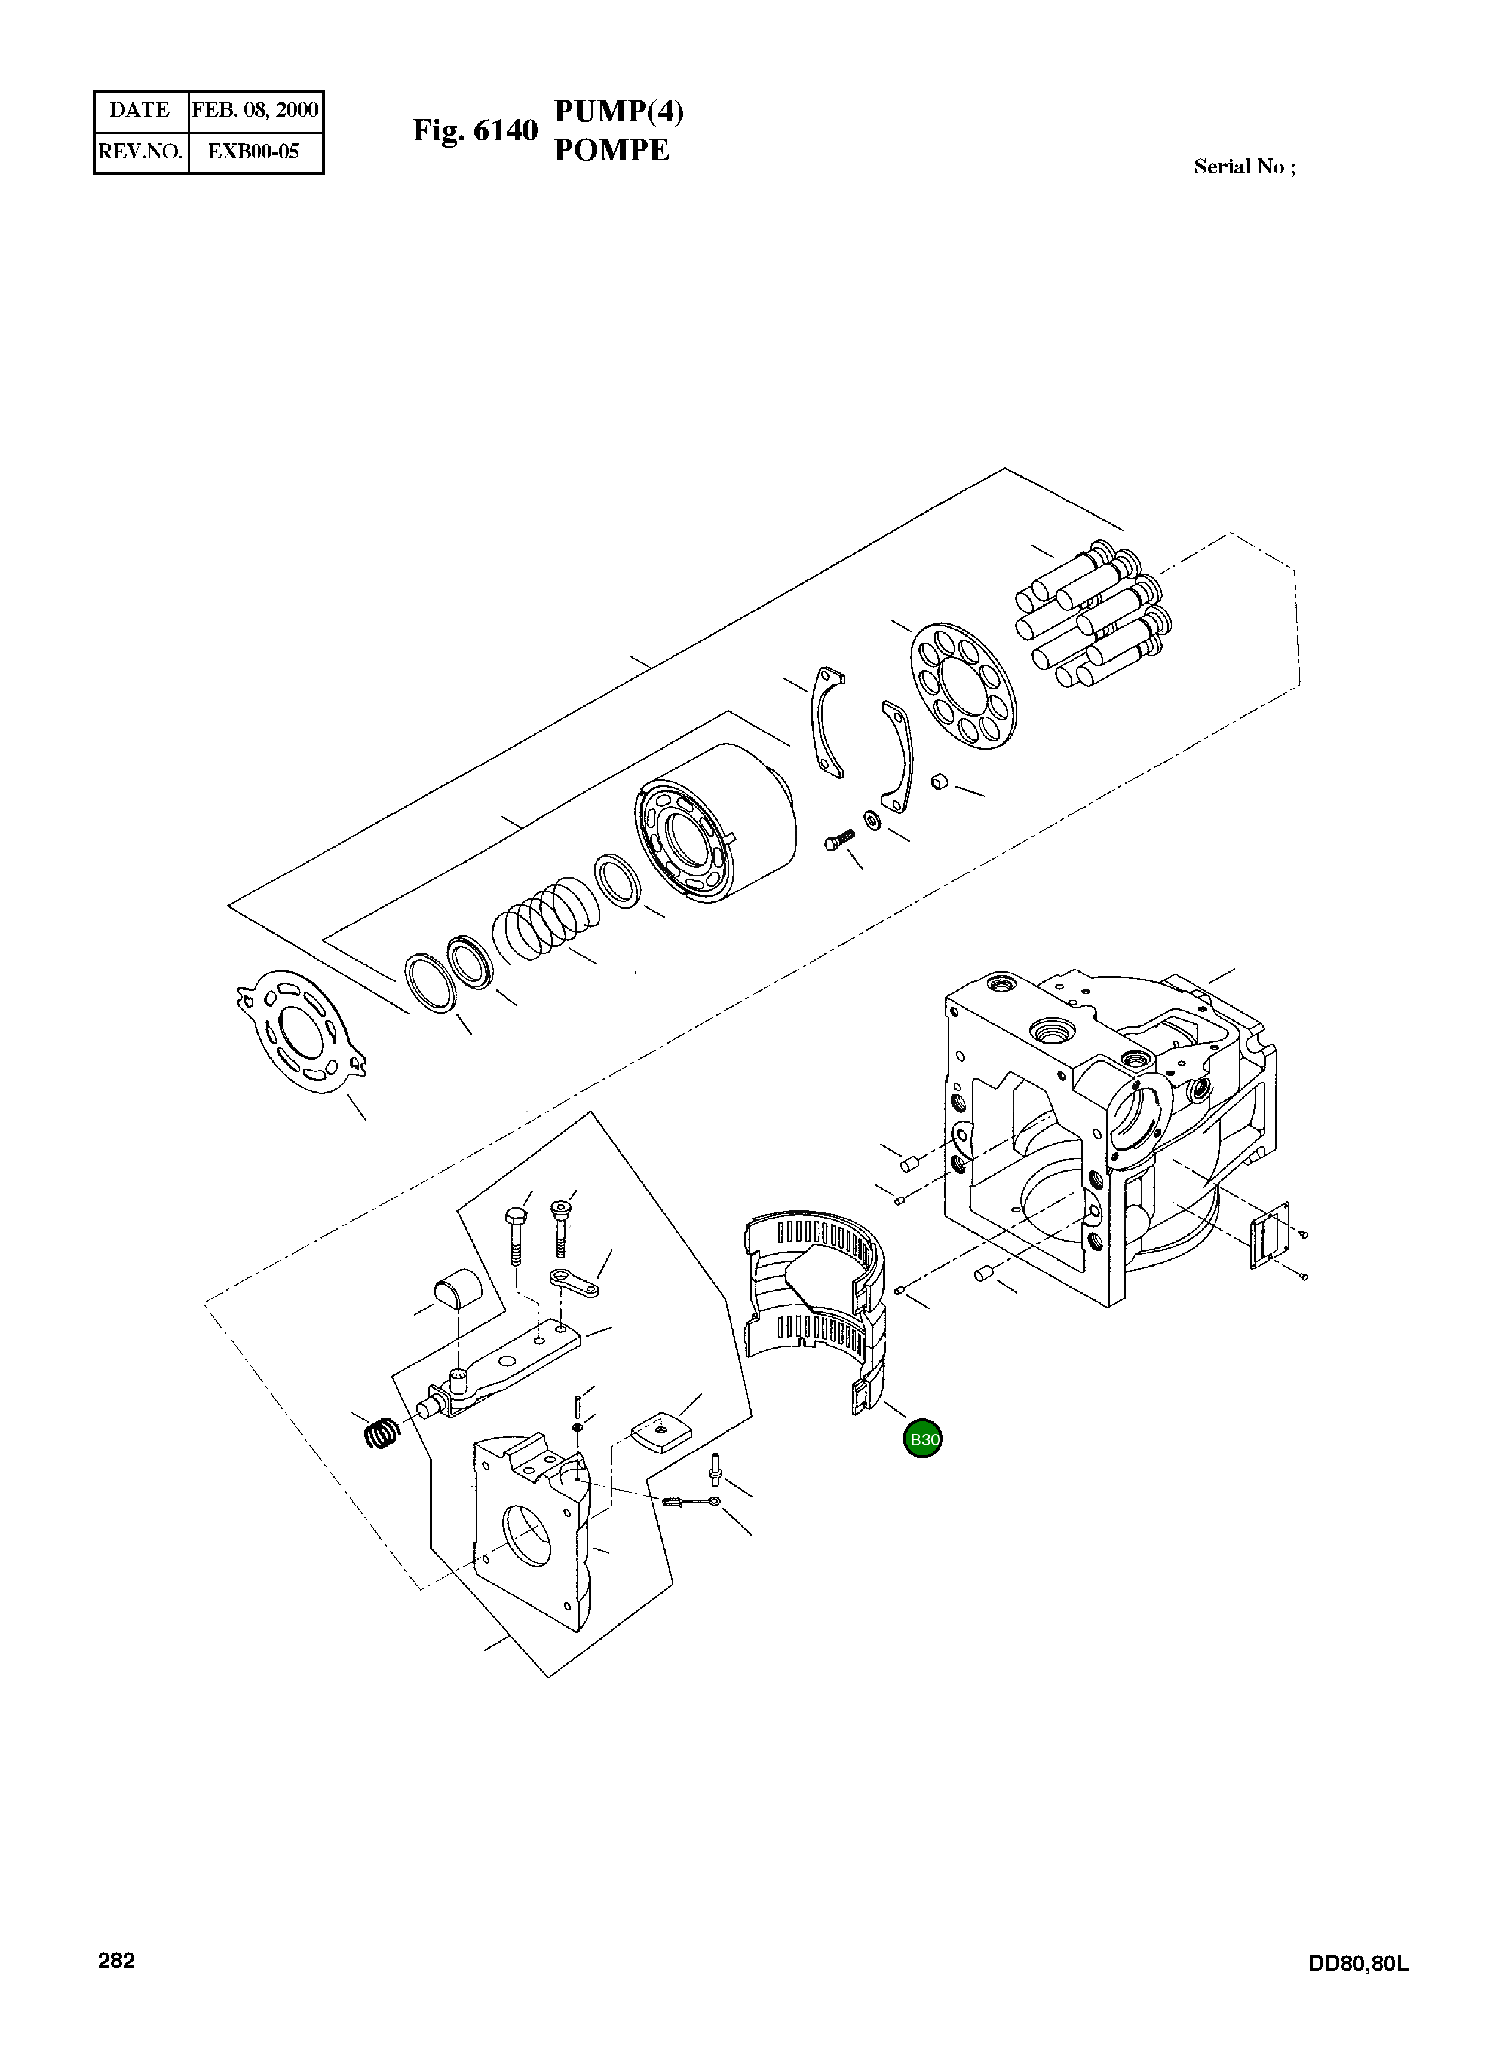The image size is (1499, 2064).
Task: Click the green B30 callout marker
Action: [922, 1440]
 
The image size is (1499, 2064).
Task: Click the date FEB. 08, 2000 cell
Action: [255, 110]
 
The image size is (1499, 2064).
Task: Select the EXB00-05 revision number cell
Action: [254, 152]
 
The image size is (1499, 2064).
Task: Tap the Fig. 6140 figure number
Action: [475, 131]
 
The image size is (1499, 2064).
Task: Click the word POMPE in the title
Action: [611, 150]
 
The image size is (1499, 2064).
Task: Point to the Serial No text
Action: [1243, 167]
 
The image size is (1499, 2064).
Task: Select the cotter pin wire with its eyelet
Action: [691, 1501]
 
